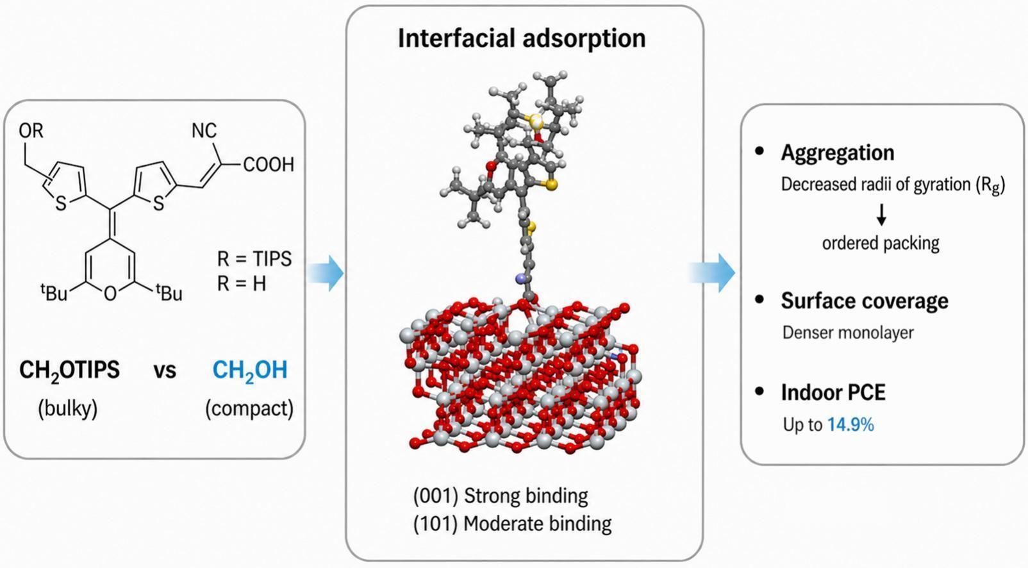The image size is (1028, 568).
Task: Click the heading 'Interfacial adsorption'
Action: coord(522,38)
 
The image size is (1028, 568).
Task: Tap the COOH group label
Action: coord(269,164)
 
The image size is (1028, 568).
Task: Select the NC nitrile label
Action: coord(204,131)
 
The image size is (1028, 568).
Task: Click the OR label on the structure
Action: coord(31,131)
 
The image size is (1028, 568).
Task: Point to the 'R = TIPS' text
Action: coord(254,259)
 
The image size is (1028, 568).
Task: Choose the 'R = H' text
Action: coord(242,283)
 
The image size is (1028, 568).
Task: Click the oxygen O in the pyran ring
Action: coord(110,293)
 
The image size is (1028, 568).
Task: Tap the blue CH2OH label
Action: coord(250,371)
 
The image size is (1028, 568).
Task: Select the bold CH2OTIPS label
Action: coord(69,371)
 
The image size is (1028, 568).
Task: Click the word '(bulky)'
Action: coord(68,408)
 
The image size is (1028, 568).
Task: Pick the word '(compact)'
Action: coord(249,408)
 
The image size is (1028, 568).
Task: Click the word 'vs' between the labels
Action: coord(165,371)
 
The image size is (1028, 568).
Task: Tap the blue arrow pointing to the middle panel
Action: coord(325,272)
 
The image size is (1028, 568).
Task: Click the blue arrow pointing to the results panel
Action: coord(712,272)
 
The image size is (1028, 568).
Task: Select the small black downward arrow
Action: coord(881,214)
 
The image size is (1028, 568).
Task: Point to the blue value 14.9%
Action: coord(851,425)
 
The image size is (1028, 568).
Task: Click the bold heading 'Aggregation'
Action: coord(838,153)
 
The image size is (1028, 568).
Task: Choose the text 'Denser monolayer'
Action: coord(848,333)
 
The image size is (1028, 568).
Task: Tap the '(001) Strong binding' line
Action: coord(501,496)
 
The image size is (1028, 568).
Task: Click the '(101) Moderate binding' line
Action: coord(513,524)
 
